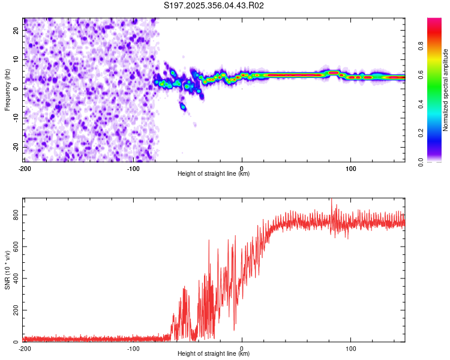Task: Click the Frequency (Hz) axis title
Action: coord(8,90)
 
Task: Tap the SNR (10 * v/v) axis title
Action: coord(8,270)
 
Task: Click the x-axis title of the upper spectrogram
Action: coord(214,174)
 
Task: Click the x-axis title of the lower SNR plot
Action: coord(214,354)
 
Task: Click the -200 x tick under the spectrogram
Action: coord(25,168)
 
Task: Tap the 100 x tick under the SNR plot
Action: coord(351,348)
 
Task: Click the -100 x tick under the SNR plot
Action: coord(133,348)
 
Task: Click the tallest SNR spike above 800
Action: coord(331,200)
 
